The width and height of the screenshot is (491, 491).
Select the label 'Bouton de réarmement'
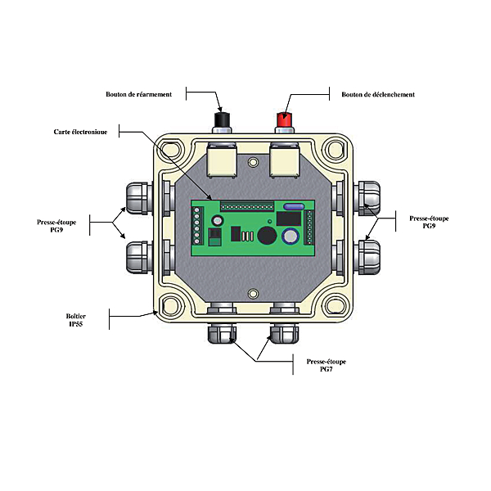(x=138, y=95)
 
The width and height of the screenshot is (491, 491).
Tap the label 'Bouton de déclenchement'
(x=378, y=95)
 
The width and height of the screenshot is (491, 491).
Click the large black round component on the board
(x=266, y=236)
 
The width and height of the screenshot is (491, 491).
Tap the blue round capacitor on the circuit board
(x=290, y=236)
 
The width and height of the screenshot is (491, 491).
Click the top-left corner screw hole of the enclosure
(x=172, y=151)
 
